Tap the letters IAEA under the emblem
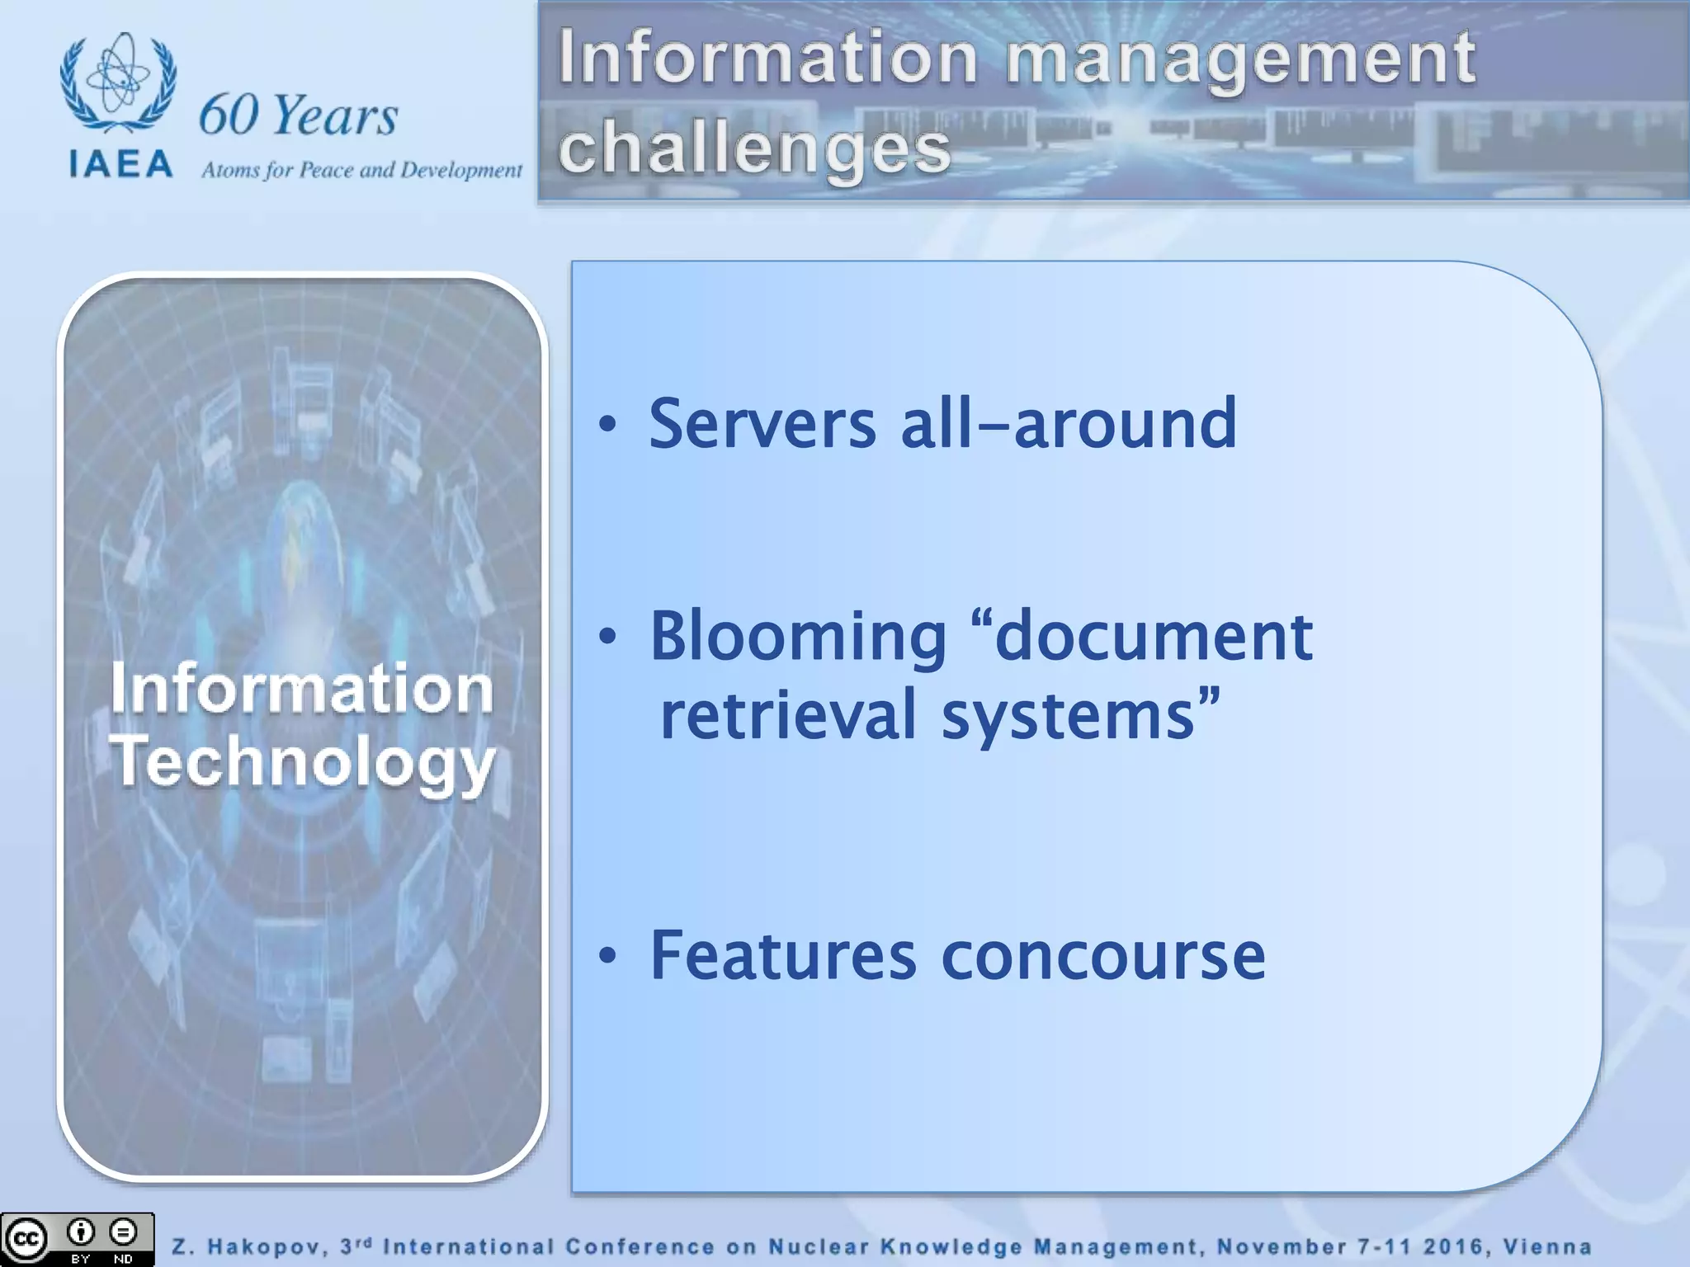[x=121, y=164]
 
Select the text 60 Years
[x=298, y=115]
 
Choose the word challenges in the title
[x=754, y=148]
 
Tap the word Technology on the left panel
[x=302, y=761]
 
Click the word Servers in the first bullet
[x=762, y=424]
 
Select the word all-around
[x=1069, y=424]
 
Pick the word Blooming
[x=798, y=637]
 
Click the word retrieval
[x=788, y=714]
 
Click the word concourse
[x=1103, y=957]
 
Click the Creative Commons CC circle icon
[x=26, y=1239]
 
